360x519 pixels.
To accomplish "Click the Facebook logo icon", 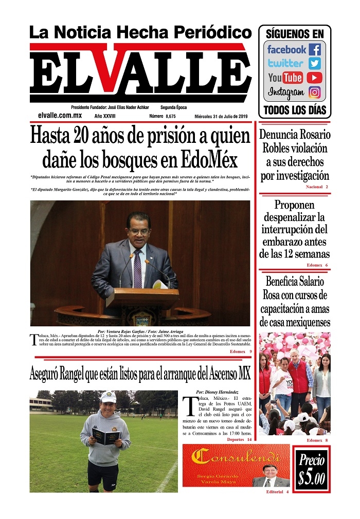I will tap(315, 50).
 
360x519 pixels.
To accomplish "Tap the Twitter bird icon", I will tap(315, 64).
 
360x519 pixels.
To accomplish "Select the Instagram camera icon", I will tap(315, 92).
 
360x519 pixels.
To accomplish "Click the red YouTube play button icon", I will tap(315, 78).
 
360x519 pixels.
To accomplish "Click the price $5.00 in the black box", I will tap(311, 469).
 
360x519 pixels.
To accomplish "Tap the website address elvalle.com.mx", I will tap(60, 116).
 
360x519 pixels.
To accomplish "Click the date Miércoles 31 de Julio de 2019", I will tap(221, 117).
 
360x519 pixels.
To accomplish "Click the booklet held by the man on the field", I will tap(106, 436).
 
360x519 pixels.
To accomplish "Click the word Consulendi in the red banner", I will tap(236, 456).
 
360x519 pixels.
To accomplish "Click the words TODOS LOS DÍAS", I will tap(294, 110).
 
